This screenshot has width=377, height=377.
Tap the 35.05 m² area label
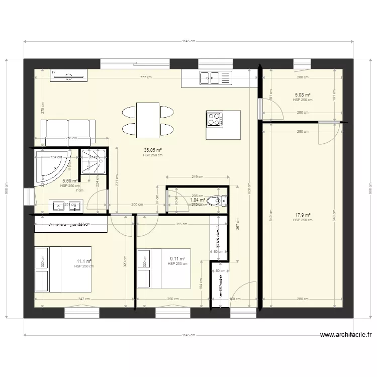152,150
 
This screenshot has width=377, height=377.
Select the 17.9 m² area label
302,215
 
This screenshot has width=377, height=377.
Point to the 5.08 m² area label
302,95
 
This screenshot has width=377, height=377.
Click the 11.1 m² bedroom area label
84,261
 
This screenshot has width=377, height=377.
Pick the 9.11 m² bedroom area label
178,259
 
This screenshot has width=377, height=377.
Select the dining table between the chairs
148,120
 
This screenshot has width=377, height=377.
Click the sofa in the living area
68,132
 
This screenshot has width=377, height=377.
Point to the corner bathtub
53,166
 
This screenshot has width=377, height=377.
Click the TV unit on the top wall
68,75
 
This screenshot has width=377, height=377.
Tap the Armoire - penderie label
69,224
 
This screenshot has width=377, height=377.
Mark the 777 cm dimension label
146,77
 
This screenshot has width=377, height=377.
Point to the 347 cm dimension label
84,299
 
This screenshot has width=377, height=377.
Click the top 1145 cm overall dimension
189,42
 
